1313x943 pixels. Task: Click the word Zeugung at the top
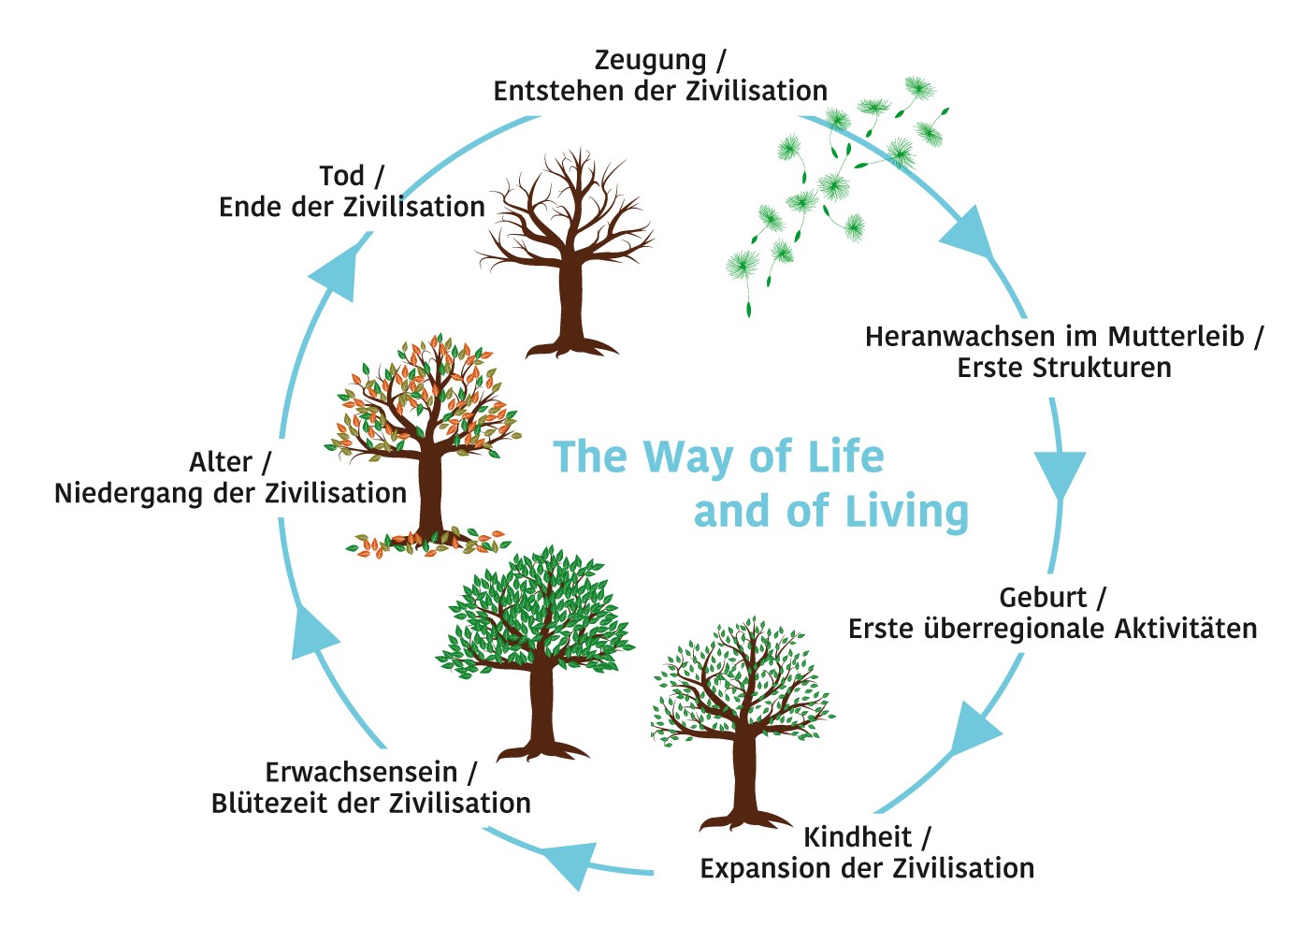pyautogui.click(x=650, y=61)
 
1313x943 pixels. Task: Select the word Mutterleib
pyautogui.click(x=1176, y=336)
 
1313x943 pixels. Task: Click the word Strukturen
pyautogui.click(x=1102, y=368)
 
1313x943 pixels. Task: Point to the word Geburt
pyautogui.click(x=1042, y=597)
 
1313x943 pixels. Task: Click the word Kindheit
pyautogui.click(x=857, y=836)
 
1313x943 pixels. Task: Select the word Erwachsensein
pyautogui.click(x=361, y=773)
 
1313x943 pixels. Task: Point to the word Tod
pyautogui.click(x=341, y=176)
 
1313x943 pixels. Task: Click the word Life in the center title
pyautogui.click(x=845, y=457)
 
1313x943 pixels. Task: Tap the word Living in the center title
pyautogui.click(x=906, y=512)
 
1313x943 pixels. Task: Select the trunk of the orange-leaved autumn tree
pyautogui.click(x=430, y=491)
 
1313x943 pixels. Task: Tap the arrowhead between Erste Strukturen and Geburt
pyautogui.click(x=1060, y=473)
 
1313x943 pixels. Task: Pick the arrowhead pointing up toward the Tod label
pyautogui.click(x=334, y=272)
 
